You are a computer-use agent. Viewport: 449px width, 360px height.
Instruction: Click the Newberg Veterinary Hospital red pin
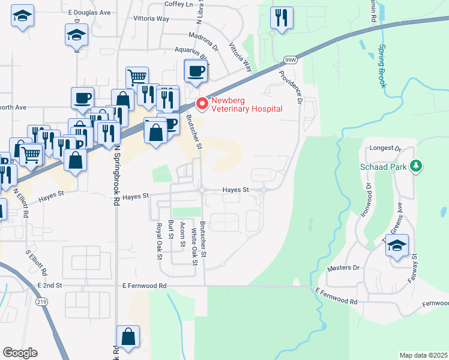tap(202, 104)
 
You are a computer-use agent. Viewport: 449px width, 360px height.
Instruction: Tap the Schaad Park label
tap(384, 166)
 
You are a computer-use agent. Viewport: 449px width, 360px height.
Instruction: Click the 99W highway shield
tap(291, 60)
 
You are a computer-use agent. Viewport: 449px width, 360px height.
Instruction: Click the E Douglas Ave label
tap(89, 12)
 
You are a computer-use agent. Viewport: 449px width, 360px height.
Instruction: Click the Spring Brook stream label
tap(382, 66)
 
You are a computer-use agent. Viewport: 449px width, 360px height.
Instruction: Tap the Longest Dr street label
tap(385, 148)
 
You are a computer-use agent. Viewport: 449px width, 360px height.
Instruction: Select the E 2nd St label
tap(50, 286)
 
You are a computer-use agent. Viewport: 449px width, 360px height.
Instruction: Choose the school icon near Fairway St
tap(397, 245)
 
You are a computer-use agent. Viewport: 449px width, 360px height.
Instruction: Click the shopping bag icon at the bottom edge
tap(128, 337)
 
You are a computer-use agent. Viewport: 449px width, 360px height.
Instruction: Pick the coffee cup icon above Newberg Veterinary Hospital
tap(196, 71)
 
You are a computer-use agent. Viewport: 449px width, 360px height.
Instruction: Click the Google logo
tap(20, 353)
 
